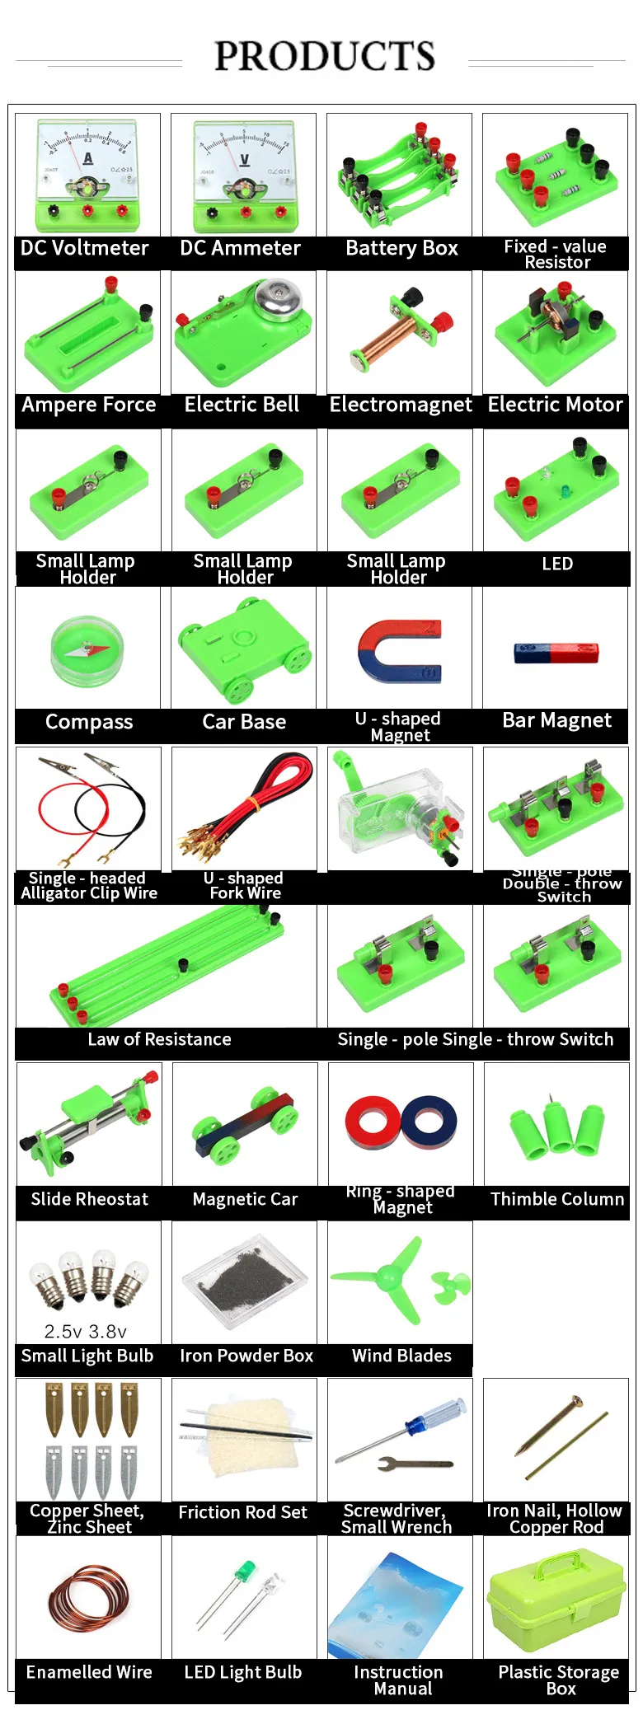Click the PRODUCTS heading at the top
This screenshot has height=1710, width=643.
(x=324, y=56)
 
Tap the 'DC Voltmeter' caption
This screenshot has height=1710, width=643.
(x=85, y=248)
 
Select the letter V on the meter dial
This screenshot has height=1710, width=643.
(x=245, y=159)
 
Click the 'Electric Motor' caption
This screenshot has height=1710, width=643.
(x=555, y=405)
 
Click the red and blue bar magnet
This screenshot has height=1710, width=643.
(x=556, y=653)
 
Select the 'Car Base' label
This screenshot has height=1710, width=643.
(x=244, y=722)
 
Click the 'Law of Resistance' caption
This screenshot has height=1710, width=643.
(x=159, y=1039)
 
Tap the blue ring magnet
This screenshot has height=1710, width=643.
(x=429, y=1122)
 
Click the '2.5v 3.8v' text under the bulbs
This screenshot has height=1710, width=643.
(x=86, y=1332)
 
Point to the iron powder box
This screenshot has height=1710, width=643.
(x=244, y=1283)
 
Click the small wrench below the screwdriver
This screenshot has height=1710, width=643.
(x=415, y=1464)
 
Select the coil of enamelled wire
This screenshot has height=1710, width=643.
(x=88, y=1600)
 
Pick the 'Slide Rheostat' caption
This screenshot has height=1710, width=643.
(x=89, y=1199)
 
